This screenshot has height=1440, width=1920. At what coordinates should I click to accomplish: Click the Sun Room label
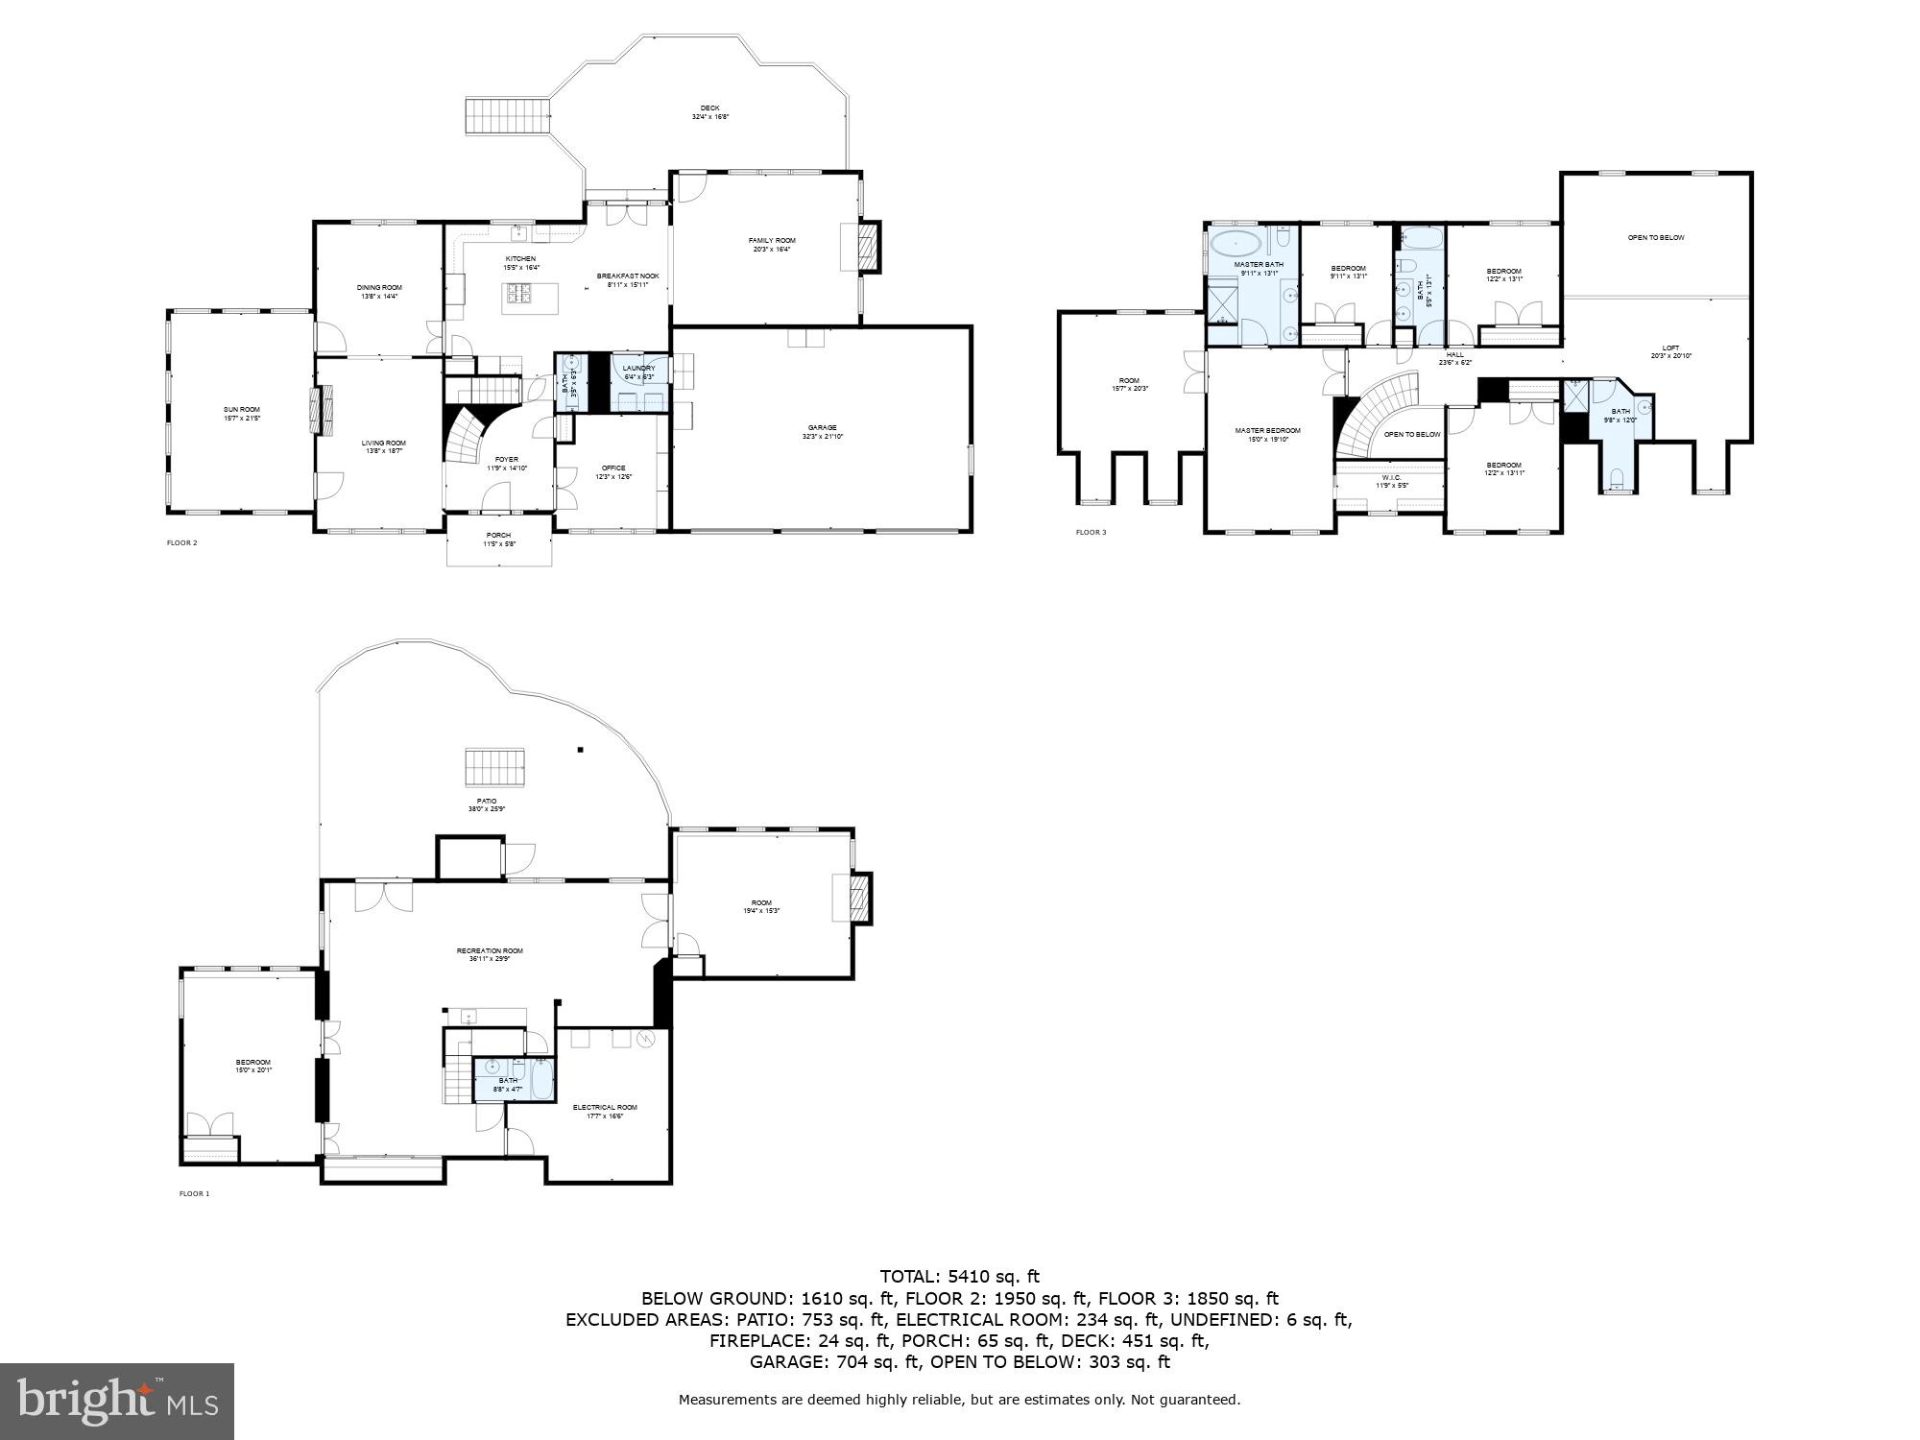click(x=242, y=413)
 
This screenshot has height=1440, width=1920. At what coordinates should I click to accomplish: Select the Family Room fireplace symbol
click(x=868, y=247)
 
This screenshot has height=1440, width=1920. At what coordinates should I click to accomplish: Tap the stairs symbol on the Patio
click(x=496, y=767)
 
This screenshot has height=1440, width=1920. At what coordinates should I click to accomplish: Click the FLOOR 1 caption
click(x=194, y=1193)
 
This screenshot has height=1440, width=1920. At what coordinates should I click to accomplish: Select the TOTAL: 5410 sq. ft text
click(x=959, y=1276)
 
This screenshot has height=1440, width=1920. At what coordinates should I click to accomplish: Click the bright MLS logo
click(x=117, y=1401)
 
